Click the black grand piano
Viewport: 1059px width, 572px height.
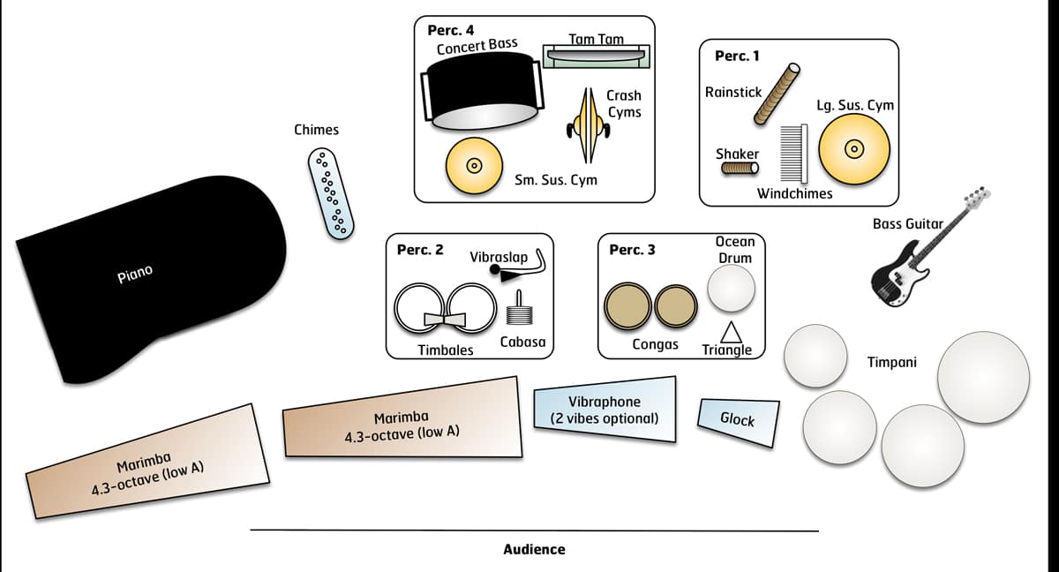click(x=150, y=282)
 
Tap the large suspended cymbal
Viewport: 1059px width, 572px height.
click(x=852, y=149)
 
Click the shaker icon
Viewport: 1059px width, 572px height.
click(x=740, y=169)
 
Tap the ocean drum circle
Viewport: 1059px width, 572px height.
click(x=732, y=289)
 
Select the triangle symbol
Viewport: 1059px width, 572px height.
click(x=730, y=331)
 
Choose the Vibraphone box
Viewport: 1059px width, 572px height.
click(x=605, y=410)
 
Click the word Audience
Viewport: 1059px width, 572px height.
click(x=534, y=549)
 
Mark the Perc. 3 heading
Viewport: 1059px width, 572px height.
click(x=632, y=250)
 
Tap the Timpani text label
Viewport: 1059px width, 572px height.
click(x=891, y=362)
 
